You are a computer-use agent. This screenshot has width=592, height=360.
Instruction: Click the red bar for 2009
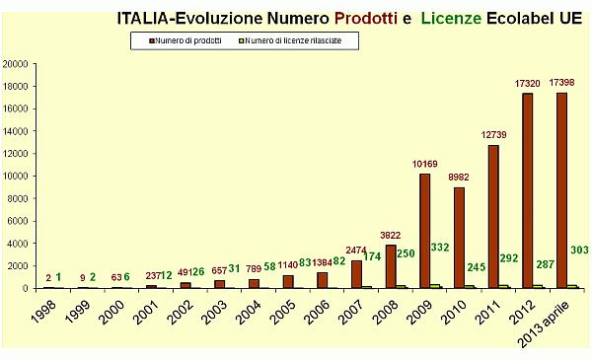[424, 231]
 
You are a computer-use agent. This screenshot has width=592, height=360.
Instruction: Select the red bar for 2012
[528, 191]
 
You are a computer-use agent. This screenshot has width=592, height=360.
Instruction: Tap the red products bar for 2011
[493, 217]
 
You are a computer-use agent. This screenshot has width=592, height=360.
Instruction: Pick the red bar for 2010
[459, 238]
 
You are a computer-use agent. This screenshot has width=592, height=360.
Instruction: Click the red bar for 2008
[391, 266]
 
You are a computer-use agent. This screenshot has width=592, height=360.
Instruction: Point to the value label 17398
[561, 82]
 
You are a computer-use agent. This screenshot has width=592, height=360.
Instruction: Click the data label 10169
[424, 164]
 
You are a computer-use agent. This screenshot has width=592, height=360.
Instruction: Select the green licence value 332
[440, 248]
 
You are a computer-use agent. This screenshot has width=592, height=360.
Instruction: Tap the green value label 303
[579, 250]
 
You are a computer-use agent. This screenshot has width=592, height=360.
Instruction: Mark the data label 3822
[391, 236]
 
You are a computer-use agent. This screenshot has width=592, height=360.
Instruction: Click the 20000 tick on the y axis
[16, 64]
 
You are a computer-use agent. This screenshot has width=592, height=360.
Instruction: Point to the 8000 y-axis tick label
[18, 199]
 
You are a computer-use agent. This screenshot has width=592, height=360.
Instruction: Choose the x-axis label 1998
[43, 312]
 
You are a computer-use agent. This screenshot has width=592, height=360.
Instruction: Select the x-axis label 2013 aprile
[544, 324]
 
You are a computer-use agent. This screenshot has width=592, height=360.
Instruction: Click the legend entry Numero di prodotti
[185, 40]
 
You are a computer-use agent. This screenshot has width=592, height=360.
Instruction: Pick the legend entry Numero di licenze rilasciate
[290, 40]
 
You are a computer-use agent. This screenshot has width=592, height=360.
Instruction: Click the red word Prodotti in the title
[366, 18]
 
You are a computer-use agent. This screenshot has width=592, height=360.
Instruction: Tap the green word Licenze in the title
[451, 18]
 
